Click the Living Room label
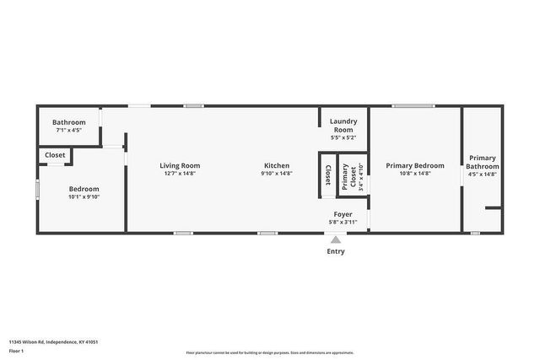(180, 165)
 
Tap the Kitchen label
(277, 165)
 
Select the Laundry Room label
(343, 125)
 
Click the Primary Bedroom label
(414, 165)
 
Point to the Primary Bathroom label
(483, 162)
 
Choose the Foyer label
(343, 214)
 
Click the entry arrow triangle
(336, 239)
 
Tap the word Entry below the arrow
(336, 251)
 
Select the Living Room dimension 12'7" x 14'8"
(180, 174)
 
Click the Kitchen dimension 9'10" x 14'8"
(277, 174)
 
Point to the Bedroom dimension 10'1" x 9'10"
(84, 197)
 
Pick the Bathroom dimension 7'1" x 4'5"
(69, 131)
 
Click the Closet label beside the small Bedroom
(55, 155)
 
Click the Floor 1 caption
(18, 350)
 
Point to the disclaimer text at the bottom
(269, 352)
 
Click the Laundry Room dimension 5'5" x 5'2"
(343, 137)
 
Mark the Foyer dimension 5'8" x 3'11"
(343, 223)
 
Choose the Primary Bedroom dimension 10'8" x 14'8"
(414, 174)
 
